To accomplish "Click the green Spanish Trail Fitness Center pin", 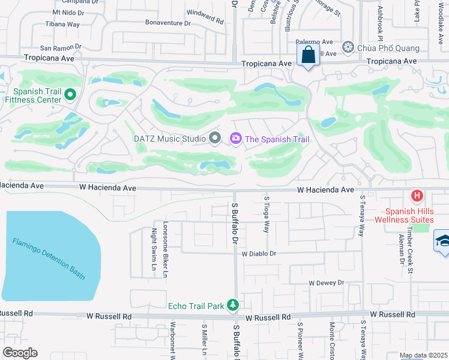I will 70,94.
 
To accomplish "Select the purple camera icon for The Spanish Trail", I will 235,139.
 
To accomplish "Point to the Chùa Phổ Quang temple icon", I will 348,47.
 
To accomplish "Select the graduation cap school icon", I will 443,242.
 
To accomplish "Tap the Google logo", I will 20,353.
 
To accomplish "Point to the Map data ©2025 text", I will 423,355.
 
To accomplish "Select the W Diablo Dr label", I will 259,254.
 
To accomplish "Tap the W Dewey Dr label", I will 326,283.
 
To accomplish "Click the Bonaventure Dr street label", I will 167,23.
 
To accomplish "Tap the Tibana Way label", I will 63,25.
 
